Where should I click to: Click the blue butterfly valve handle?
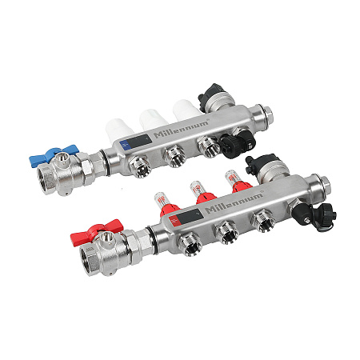[54, 155]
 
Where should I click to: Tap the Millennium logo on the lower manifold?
[234, 202]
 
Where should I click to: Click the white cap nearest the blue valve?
[119, 130]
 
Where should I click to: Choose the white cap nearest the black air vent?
[186, 110]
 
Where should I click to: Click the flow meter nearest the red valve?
[166, 204]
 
